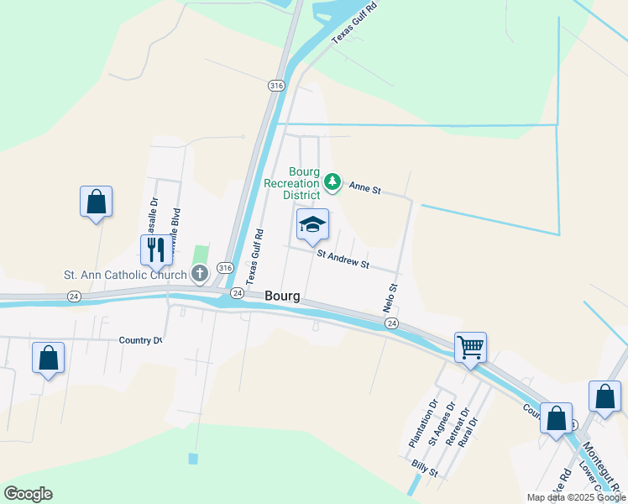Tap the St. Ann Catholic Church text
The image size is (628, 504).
tap(126, 275)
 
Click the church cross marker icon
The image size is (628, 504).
tap(200, 274)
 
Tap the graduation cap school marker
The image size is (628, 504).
tap(312, 224)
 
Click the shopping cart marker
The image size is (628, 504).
tap(470, 347)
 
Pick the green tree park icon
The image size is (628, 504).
tap(332, 181)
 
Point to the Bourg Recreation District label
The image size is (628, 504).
tap(291, 183)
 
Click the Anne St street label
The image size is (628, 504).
tap(365, 190)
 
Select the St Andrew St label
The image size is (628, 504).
tap(343, 259)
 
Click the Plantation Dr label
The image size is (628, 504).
tap(423, 422)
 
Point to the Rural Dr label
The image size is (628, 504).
tap(468, 433)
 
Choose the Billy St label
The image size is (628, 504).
tap(425, 469)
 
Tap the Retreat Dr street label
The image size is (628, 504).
tap(456, 428)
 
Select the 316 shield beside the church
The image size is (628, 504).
tap(223, 267)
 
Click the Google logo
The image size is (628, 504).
tap(28, 494)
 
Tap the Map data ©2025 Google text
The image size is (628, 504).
tap(576, 497)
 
